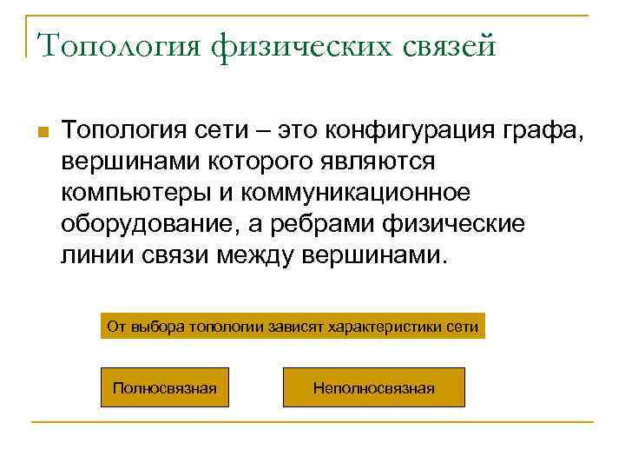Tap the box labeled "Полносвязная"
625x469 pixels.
pos(165,387)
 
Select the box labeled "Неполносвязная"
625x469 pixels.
pos(373,387)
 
